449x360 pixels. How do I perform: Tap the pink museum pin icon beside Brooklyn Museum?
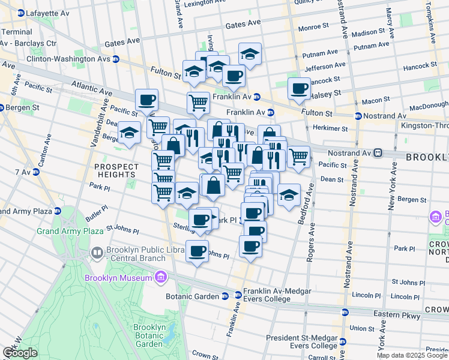(x=160, y=277)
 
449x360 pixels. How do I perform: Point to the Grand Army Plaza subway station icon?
(x=58, y=211)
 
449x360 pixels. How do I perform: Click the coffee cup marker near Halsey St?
(x=299, y=89)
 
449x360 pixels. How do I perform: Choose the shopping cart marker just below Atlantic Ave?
(x=197, y=103)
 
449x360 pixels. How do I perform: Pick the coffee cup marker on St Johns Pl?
(x=197, y=251)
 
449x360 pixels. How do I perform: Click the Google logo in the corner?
(x=20, y=353)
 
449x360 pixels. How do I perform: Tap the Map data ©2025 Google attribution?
(x=412, y=355)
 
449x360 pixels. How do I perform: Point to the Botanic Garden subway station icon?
(x=224, y=296)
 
